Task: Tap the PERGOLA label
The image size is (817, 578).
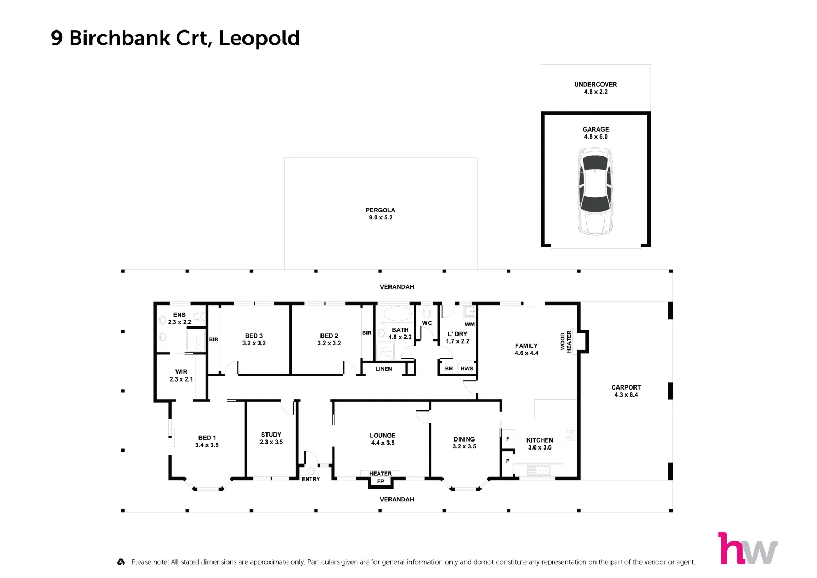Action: [380, 210]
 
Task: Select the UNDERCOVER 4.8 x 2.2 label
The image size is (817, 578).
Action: [595, 88]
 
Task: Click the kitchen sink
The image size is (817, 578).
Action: [538, 470]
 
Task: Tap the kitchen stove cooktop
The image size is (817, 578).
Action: [570, 434]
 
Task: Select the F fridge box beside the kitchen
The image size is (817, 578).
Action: [508, 439]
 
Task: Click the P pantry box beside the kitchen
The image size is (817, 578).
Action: [508, 461]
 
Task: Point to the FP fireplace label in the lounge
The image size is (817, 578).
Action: [380, 481]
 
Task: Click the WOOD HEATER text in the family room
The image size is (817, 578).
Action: [566, 341]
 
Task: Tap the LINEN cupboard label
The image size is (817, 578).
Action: [384, 369]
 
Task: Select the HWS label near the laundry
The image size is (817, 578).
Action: [467, 368]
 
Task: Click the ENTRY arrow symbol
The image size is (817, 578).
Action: [311, 470]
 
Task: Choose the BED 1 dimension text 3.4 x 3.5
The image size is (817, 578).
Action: [207, 445]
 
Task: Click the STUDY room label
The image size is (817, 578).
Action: [271, 435]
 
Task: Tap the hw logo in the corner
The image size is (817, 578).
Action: [747, 548]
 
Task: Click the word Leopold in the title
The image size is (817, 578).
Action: [259, 39]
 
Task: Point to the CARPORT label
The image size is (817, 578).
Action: [626, 387]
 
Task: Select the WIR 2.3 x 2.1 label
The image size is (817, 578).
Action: [181, 375]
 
